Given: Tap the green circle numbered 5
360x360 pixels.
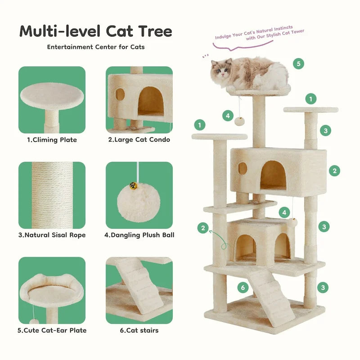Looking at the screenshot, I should (298, 63).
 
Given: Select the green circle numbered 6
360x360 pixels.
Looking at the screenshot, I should (243, 287).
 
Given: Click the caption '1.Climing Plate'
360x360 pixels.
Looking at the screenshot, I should (52, 140).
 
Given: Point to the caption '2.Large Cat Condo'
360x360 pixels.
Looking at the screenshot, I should (139, 140).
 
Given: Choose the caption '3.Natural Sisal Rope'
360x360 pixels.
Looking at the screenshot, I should (52, 235).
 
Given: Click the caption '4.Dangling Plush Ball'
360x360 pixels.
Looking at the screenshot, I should (139, 235).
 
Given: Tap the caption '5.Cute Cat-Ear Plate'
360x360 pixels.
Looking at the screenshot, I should (52, 330).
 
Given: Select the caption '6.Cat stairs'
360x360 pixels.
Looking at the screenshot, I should (139, 330).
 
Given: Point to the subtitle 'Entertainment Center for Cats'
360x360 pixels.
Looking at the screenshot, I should (96, 47).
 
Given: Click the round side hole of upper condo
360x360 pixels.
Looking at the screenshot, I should (243, 169).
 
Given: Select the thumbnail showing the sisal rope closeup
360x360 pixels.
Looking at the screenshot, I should (52, 195).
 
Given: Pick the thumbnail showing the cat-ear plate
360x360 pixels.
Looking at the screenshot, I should (52, 290).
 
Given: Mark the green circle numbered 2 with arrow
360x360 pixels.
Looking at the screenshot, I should (203, 229).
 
